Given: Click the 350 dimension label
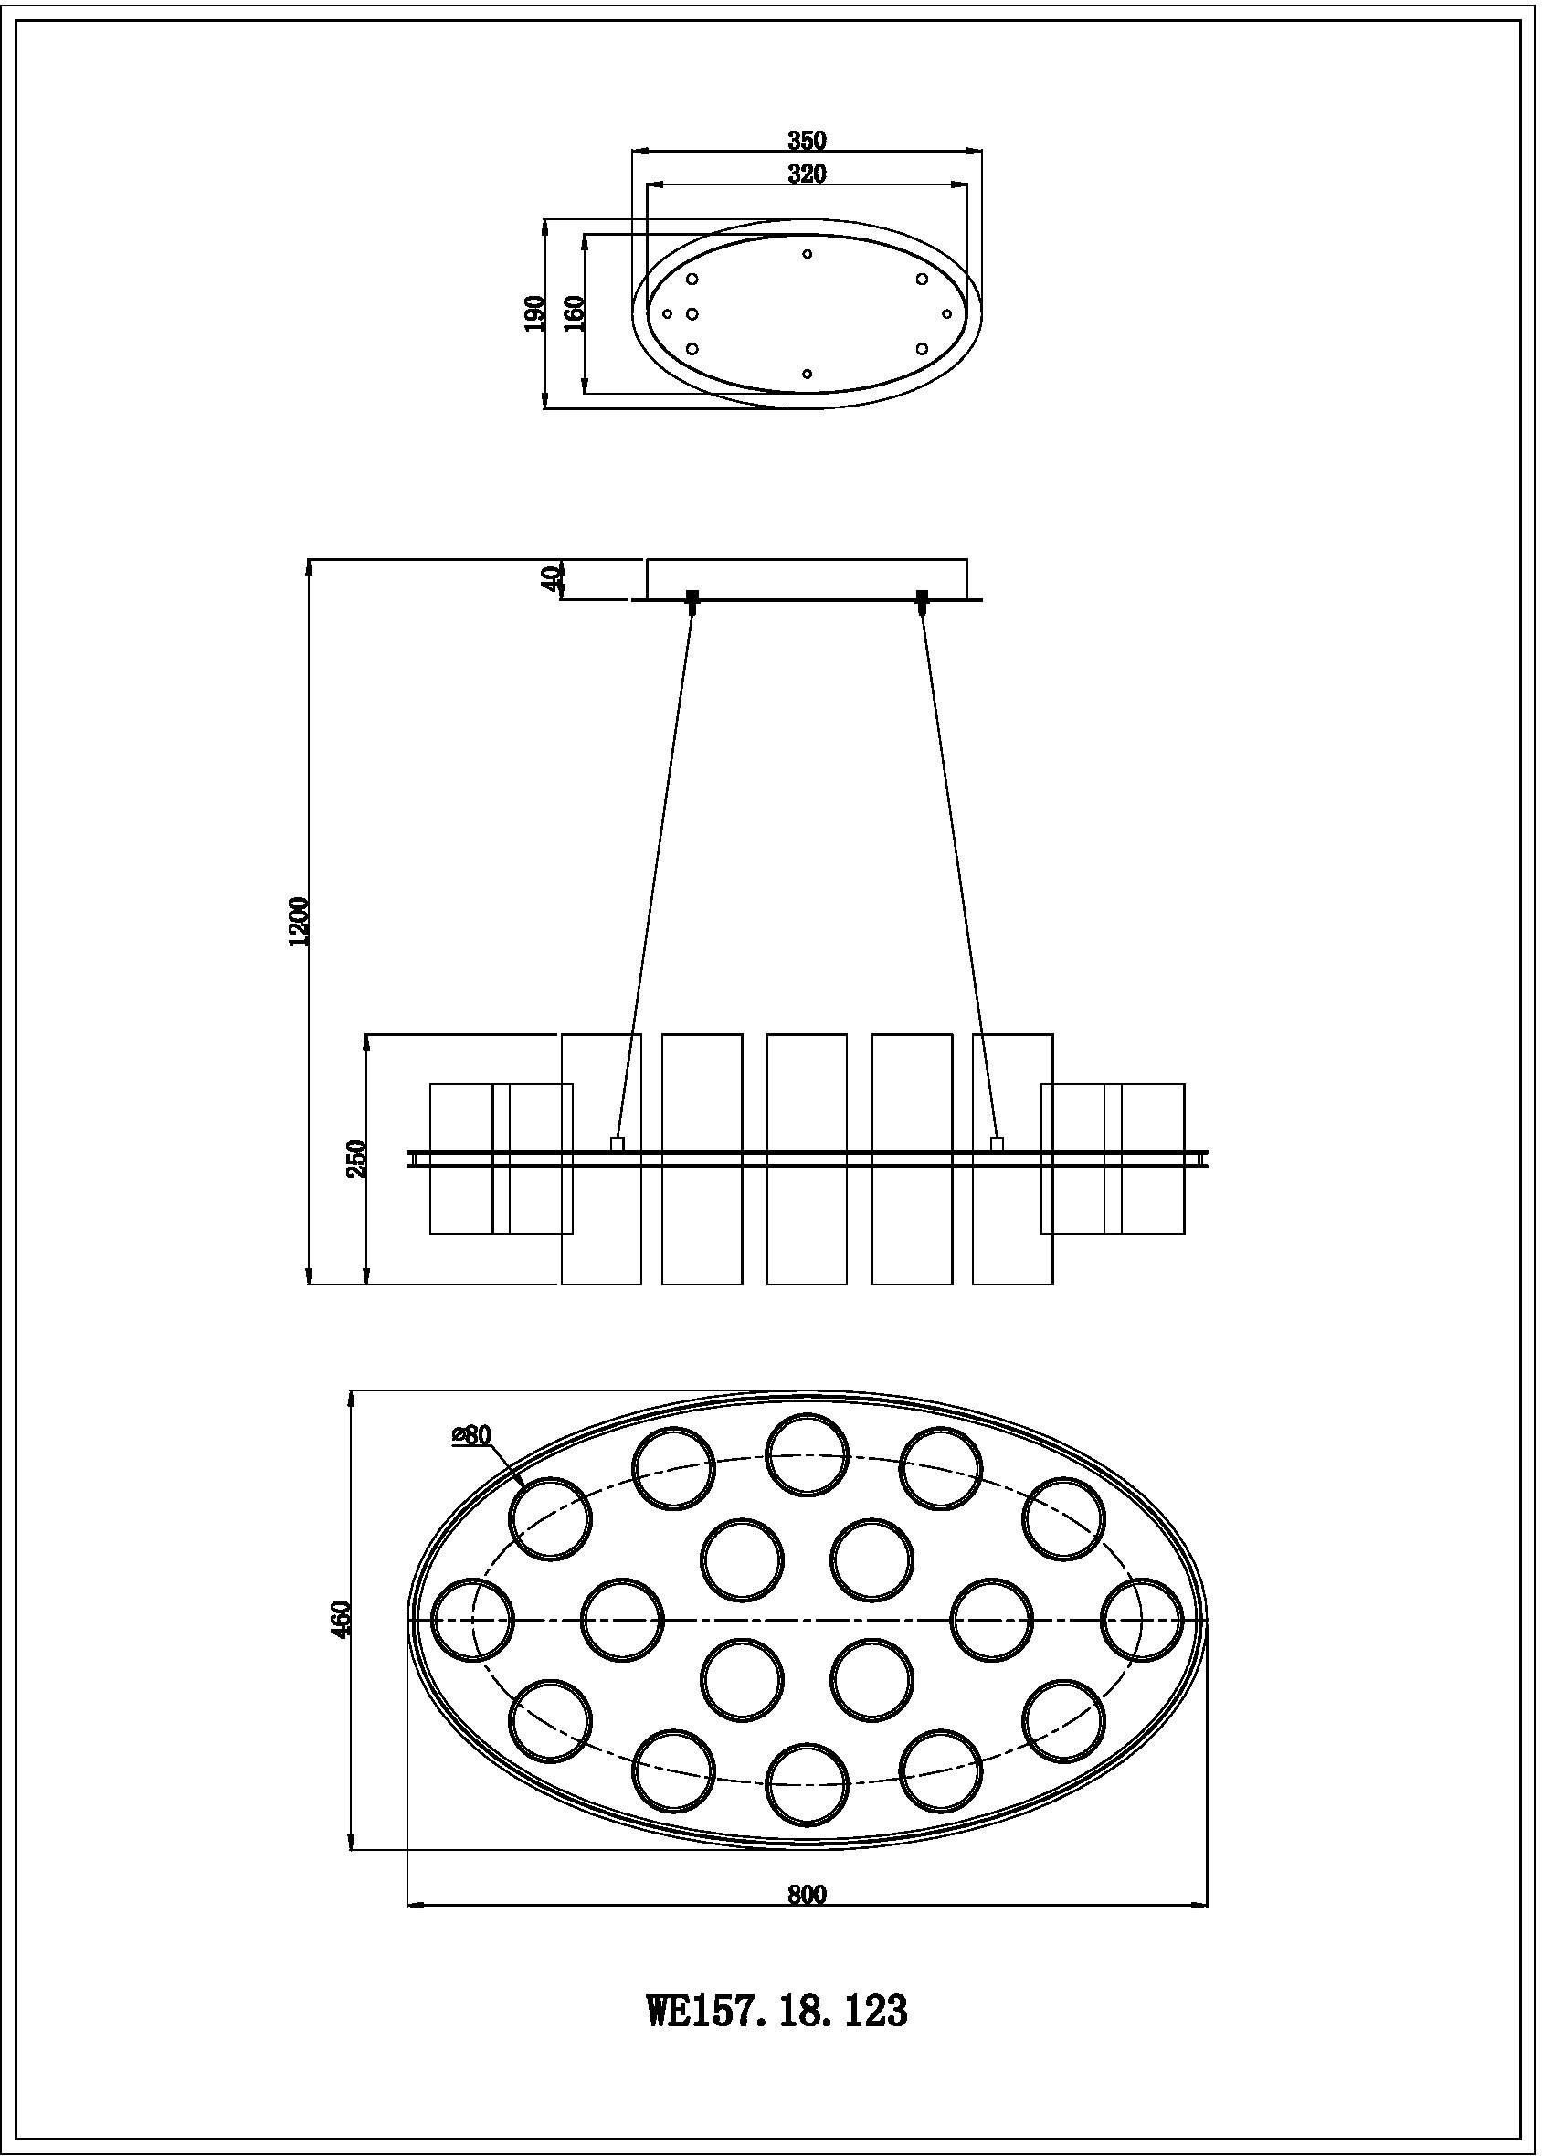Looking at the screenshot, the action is [x=807, y=141].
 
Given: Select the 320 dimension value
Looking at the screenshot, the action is [x=807, y=174].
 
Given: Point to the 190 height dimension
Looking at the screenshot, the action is [x=534, y=314].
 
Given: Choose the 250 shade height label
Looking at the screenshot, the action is [x=357, y=1158].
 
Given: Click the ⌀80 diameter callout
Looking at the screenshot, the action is [x=472, y=1434].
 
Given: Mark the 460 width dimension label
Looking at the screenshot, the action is [x=343, y=1618].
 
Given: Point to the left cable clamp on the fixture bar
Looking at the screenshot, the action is [x=617, y=1144].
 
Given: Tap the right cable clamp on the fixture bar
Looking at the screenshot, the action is [x=997, y=1144].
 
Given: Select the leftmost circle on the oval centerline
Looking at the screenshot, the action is [x=472, y=1620].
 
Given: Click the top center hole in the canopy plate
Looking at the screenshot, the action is [x=807, y=253].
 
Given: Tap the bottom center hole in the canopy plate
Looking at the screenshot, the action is [x=807, y=374].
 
